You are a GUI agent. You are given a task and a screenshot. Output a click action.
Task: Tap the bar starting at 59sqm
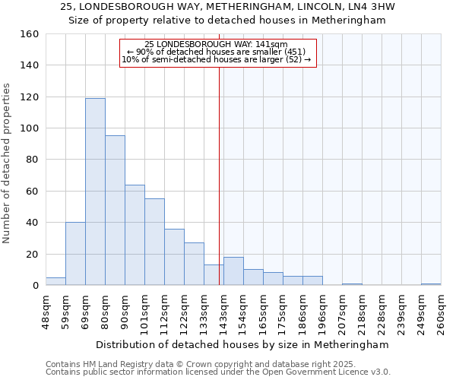[75, 254]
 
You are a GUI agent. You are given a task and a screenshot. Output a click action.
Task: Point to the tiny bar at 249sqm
[431, 284]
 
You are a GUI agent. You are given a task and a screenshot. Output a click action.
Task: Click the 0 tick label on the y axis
[35, 285]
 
